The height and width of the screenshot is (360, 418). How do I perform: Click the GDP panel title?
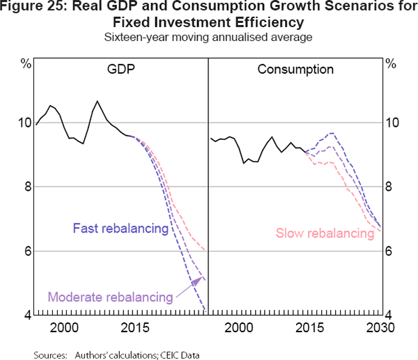122,70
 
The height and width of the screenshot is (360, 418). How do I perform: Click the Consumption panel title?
295,70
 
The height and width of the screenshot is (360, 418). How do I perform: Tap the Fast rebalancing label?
120,228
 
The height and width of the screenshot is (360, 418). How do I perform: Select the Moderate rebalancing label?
110,297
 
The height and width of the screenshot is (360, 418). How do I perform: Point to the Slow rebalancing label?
325,234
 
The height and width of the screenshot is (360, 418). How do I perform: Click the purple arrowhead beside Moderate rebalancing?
200,280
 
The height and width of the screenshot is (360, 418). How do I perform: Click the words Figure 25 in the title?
44,9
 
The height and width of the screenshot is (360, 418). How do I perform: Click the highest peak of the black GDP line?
98,101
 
